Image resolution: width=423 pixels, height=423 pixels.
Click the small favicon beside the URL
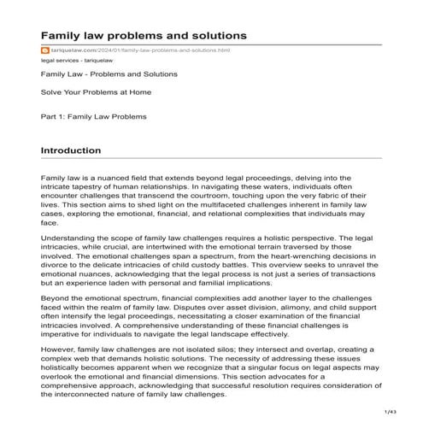tap(44, 50)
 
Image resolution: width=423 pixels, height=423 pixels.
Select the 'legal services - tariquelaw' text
tap(76, 62)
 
